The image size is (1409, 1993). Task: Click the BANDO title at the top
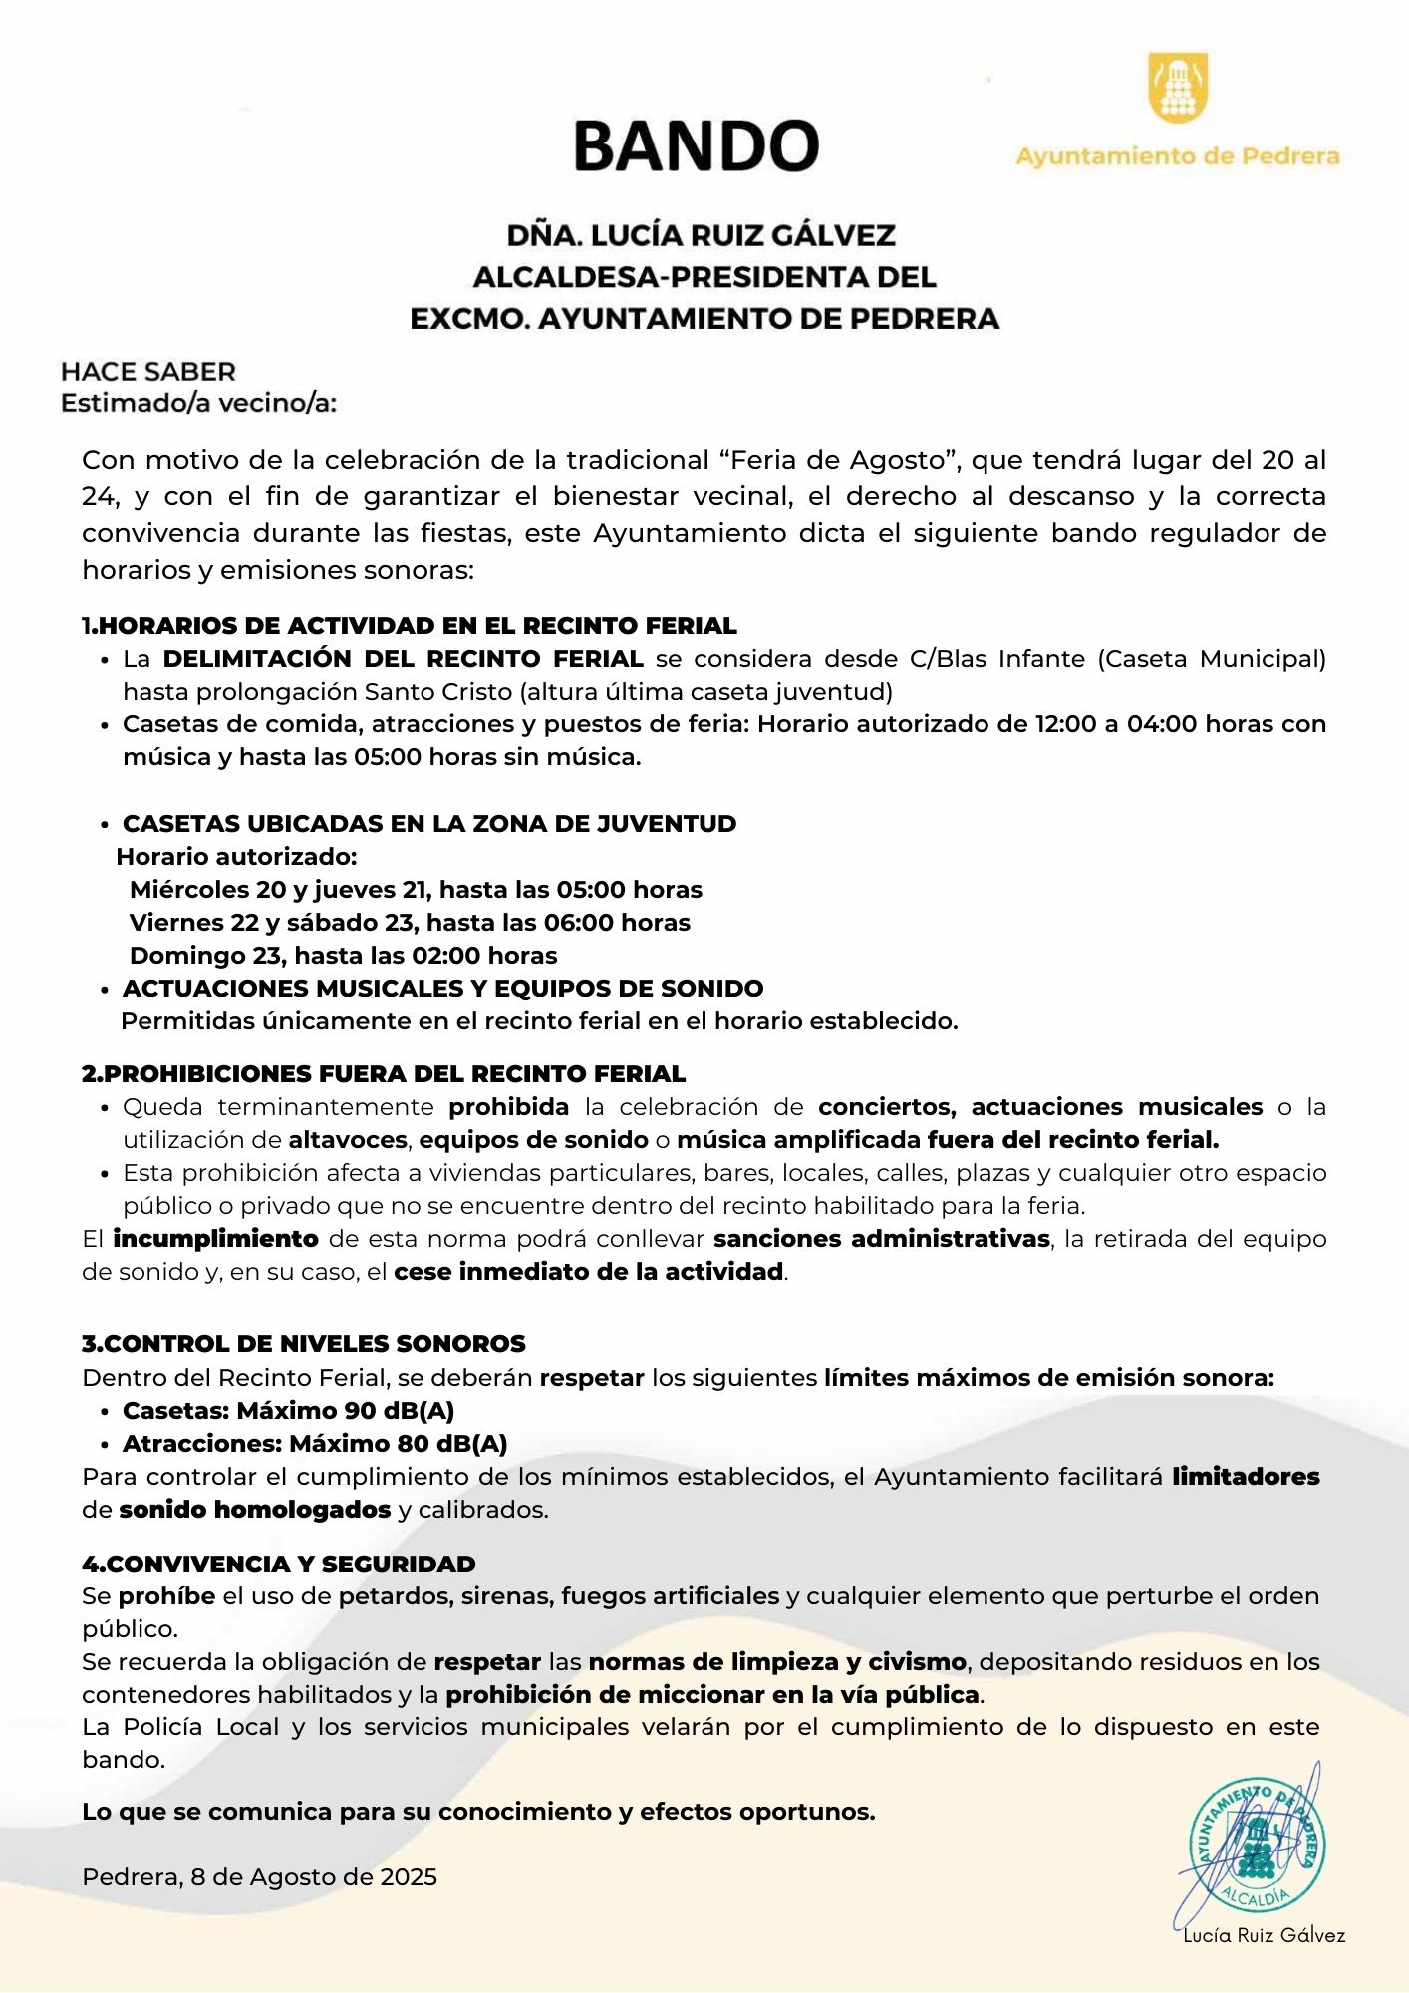[696, 145]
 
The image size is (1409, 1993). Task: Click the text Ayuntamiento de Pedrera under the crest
[1177, 156]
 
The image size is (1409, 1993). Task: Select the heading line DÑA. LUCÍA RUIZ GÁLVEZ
[702, 235]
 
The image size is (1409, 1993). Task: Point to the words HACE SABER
[148, 372]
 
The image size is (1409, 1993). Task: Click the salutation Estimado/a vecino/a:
[199, 404]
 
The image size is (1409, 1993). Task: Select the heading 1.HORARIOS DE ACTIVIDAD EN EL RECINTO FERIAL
[410, 626]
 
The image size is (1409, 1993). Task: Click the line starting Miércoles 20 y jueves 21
[416, 890]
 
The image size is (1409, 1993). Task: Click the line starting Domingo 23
[343, 956]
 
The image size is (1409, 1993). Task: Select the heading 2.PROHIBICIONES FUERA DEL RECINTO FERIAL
[384, 1074]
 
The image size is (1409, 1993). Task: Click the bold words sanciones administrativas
[882, 1239]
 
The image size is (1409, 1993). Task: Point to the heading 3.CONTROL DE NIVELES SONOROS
[304, 1344]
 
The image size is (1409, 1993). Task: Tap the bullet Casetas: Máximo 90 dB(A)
[288, 1411]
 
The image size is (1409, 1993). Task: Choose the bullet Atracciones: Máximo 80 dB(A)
[315, 1444]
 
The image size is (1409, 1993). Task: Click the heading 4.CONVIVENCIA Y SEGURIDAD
[279, 1565]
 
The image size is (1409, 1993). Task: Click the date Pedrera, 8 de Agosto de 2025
[260, 1877]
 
